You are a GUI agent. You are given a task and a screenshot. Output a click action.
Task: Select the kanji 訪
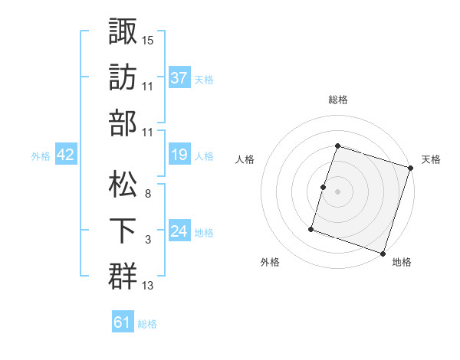[x=123, y=77]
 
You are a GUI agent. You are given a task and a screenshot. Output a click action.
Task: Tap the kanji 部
[x=123, y=123]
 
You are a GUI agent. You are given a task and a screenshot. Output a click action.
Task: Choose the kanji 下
[x=123, y=230]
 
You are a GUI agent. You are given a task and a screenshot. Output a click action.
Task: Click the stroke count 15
[x=148, y=39]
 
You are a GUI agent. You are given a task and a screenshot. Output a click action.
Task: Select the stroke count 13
[x=148, y=286]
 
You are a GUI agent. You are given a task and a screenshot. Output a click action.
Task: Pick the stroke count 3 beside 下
[x=147, y=240]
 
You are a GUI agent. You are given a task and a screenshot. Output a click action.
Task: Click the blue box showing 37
[x=179, y=77]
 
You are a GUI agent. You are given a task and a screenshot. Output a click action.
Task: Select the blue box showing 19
[x=179, y=155]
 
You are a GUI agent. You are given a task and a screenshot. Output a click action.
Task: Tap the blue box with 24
[x=179, y=231]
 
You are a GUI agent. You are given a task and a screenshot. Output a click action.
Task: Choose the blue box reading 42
[x=66, y=155]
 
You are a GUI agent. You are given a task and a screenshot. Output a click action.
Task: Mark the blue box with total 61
[x=123, y=322]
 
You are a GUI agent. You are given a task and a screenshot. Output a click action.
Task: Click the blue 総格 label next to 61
[x=147, y=324]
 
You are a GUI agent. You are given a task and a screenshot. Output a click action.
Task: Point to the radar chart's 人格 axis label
[x=245, y=159]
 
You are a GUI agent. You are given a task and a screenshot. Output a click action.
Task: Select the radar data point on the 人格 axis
[x=324, y=187]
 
